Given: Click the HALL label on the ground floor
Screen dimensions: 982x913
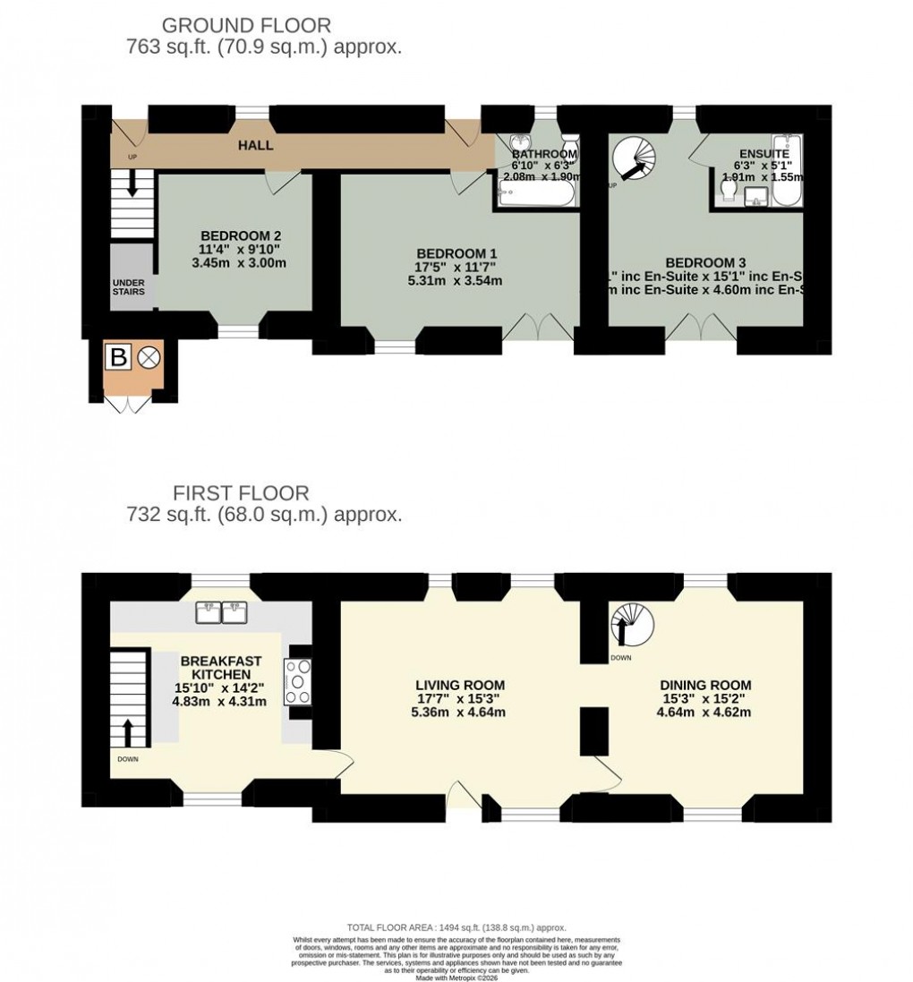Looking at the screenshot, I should point(255,145).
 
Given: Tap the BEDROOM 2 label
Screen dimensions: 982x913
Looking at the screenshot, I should point(235,236).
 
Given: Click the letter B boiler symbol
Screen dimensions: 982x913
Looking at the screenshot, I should point(117,358).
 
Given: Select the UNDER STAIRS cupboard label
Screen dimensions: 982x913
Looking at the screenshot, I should point(129,286).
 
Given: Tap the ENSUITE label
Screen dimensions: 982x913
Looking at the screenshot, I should point(764,154).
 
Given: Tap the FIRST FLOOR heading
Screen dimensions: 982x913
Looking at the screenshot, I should point(241,493).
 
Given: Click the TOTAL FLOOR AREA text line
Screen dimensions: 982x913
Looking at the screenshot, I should point(456,928).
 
